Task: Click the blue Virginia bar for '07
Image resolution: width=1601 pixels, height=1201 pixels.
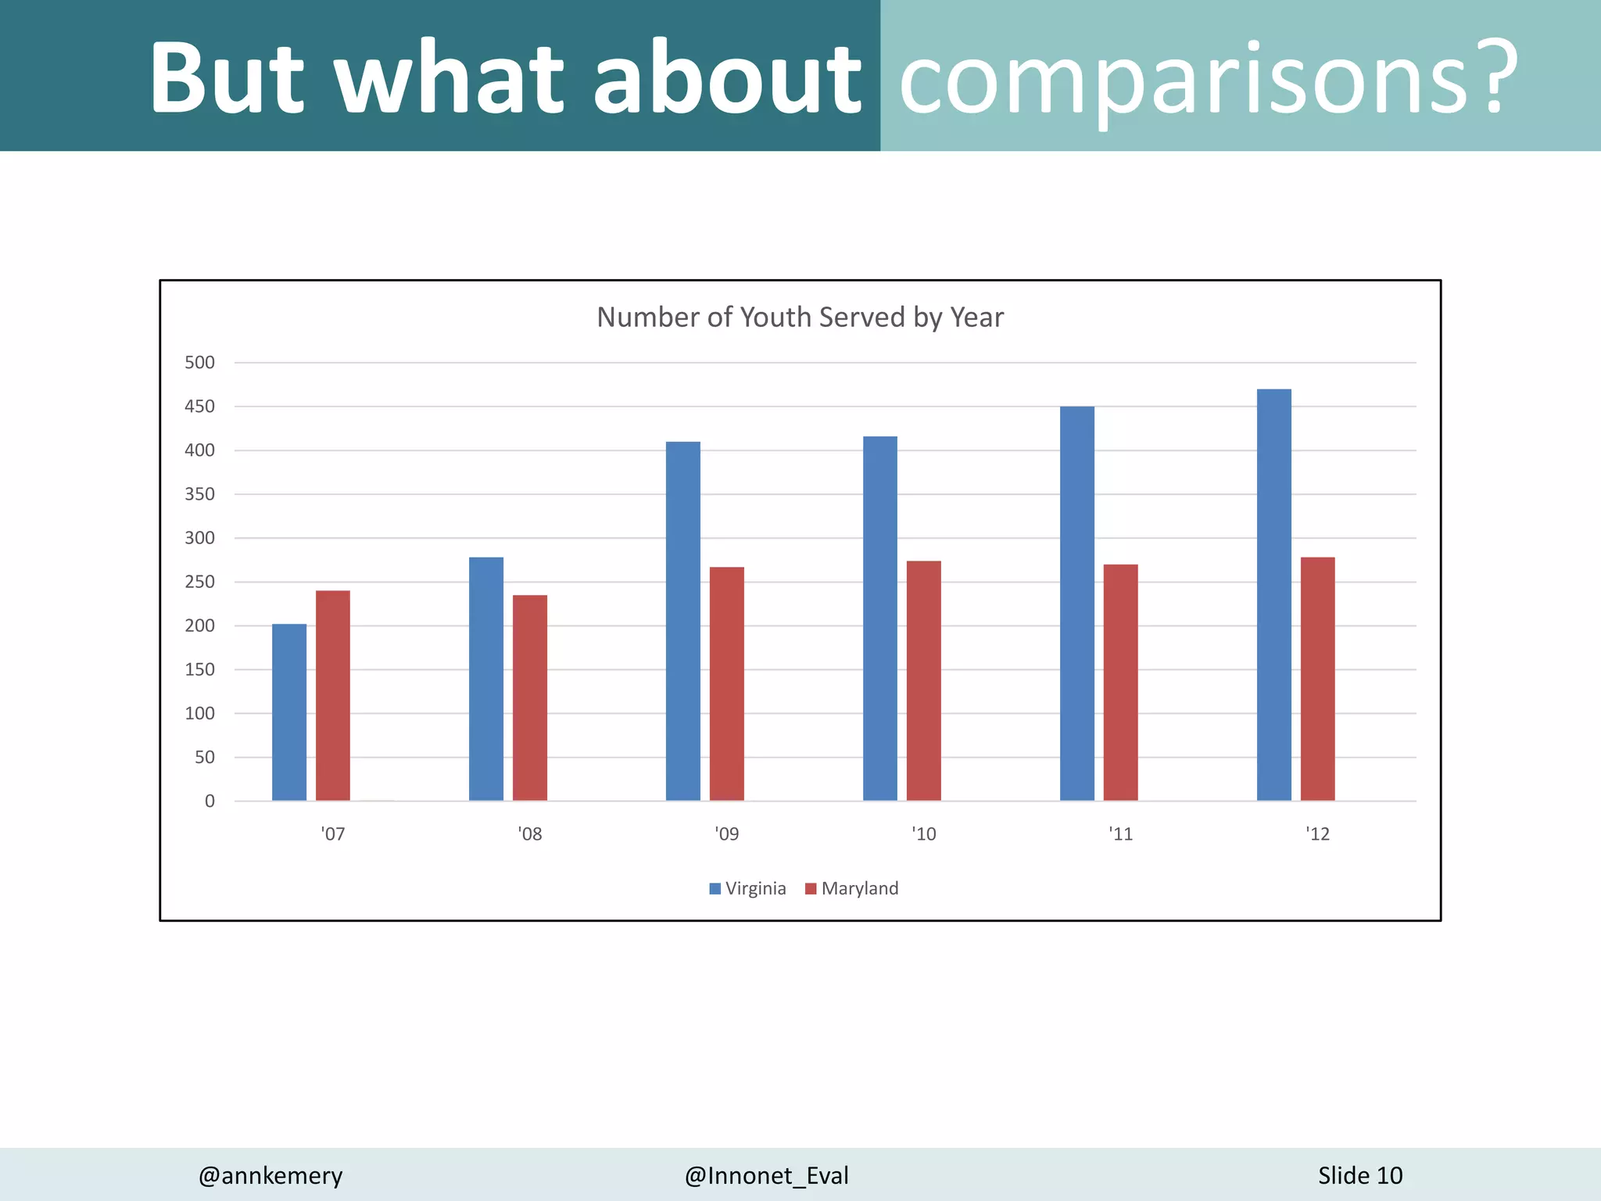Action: (x=289, y=712)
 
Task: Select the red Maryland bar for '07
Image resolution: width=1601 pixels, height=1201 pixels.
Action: (x=333, y=696)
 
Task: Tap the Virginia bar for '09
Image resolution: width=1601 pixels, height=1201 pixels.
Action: (x=683, y=622)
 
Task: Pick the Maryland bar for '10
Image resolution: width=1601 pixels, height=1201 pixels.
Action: (x=924, y=680)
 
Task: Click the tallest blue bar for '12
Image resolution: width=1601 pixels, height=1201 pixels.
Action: (x=1274, y=594)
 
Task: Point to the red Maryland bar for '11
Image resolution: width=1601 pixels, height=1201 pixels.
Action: (x=1121, y=682)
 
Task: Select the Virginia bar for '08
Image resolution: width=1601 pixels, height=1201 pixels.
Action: (x=486, y=679)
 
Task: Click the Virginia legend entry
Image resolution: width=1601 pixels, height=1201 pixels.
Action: (x=747, y=888)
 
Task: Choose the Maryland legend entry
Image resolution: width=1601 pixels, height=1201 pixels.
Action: (x=852, y=888)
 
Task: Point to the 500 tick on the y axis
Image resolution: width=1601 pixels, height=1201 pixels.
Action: (x=199, y=362)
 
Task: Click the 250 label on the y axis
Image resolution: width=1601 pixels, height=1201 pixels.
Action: (x=199, y=582)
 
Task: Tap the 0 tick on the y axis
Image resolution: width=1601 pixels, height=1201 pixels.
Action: (x=210, y=801)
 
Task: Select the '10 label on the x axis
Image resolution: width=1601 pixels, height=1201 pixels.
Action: (x=924, y=834)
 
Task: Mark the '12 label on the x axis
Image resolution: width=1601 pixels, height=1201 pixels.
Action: (x=1318, y=834)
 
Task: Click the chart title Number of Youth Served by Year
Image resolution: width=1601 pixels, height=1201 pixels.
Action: (x=800, y=317)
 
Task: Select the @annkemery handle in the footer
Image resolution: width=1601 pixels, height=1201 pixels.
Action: (x=270, y=1175)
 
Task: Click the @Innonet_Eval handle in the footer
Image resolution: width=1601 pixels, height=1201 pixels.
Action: (x=766, y=1175)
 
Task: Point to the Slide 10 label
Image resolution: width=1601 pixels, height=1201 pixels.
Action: (x=1360, y=1175)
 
